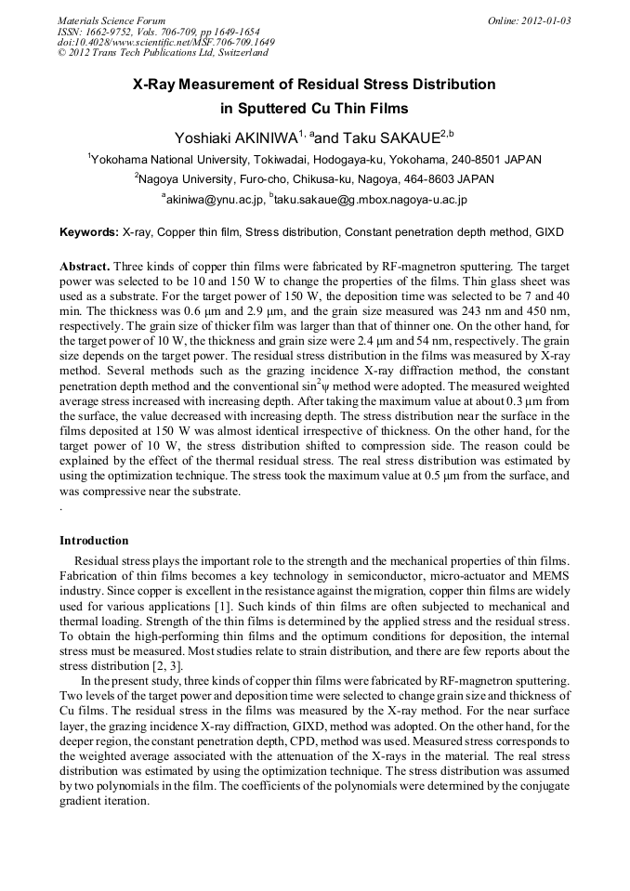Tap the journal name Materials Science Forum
(112, 20)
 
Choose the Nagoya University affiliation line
(314, 179)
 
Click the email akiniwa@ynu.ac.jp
(213, 199)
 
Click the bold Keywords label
(89, 231)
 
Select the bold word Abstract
(85, 265)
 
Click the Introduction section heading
(94, 541)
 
